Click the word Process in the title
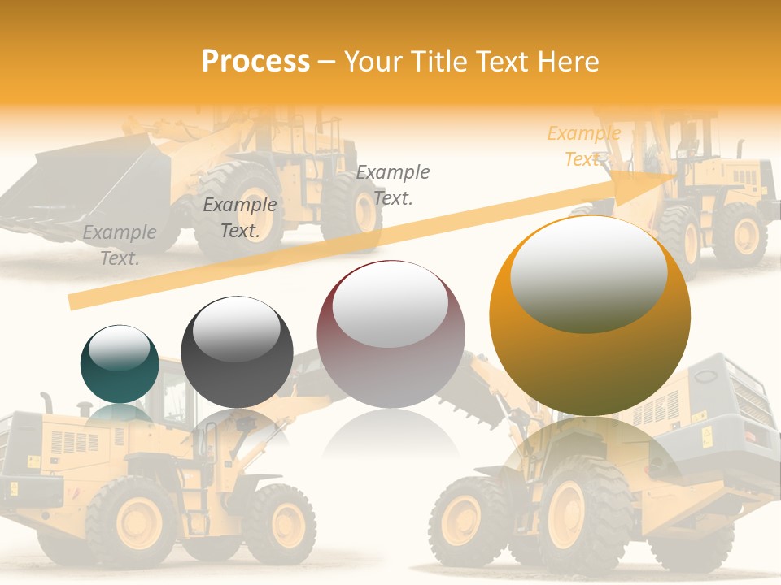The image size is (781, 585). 255,62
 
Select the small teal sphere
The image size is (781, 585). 120,364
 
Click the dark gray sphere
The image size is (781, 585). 237,352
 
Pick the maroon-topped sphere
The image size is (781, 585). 390,334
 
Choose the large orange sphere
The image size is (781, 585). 590,316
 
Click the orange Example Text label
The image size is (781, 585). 583,146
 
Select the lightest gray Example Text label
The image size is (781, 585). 120,245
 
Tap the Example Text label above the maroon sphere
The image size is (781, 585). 393,184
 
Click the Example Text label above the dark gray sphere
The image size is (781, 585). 239,217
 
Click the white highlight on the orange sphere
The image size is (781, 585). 588,275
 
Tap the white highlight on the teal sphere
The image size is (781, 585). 119,348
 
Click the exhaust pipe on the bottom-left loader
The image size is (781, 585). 46,402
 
